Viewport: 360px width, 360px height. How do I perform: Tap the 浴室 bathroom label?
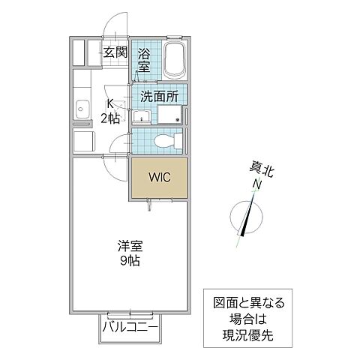(x=143, y=59)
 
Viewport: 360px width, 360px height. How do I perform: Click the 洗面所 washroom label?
(x=159, y=97)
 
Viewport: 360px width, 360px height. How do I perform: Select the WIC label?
(x=158, y=178)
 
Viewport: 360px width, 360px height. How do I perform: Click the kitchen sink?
(x=81, y=112)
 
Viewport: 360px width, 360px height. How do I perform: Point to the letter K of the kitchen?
(x=109, y=104)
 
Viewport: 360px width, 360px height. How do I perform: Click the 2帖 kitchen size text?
(x=109, y=118)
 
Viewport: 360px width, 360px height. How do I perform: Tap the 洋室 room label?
(x=129, y=246)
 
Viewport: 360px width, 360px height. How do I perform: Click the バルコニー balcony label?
(x=130, y=328)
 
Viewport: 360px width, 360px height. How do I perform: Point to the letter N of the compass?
(x=257, y=185)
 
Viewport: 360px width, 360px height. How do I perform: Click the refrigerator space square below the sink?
(x=83, y=140)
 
